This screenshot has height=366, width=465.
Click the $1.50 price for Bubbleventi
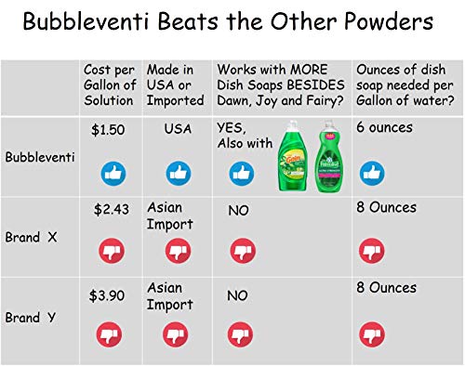108,131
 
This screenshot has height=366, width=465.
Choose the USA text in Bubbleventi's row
177,131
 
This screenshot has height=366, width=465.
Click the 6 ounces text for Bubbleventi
386,130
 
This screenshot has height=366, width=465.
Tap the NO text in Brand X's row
238,212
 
